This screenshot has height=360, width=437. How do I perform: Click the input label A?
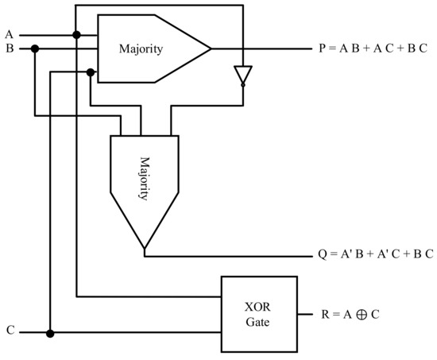click(9, 34)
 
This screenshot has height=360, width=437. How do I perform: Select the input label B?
click(9, 48)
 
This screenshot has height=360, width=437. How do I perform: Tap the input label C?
click(10, 330)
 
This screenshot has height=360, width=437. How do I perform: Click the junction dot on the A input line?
click(76, 35)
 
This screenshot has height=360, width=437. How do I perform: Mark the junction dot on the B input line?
click(35, 49)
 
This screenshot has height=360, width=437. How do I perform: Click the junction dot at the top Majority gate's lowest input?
click(91, 72)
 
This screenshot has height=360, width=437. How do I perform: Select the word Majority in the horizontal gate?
click(141, 49)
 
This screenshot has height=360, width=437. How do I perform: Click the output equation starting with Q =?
click(373, 256)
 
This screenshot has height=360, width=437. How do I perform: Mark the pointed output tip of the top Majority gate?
click(211, 49)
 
